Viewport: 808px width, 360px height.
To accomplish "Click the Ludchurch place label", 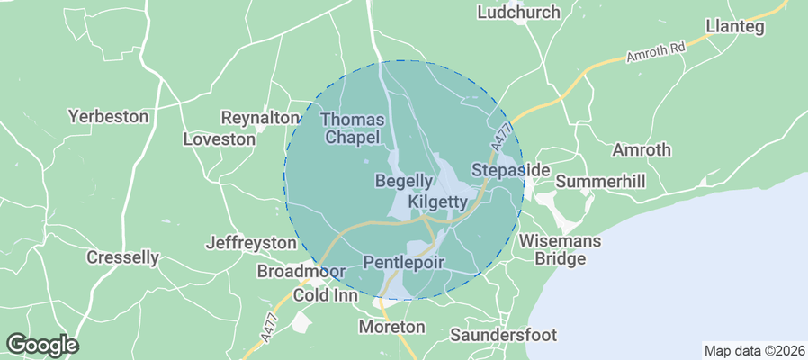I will click(x=518, y=13).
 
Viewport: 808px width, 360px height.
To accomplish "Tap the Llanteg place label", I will click(x=735, y=27).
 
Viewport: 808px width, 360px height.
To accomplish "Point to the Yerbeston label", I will click(x=107, y=117).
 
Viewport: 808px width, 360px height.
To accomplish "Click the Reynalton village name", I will click(x=260, y=118).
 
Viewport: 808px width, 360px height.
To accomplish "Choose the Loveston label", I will click(x=219, y=139).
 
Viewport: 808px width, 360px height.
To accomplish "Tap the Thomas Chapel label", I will click(x=354, y=129).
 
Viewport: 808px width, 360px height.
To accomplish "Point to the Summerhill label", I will click(x=600, y=182).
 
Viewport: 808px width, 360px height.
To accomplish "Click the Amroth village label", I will click(x=642, y=149).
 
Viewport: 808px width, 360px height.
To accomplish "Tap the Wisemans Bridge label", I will click(x=552, y=249).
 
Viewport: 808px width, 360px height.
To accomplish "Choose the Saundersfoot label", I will click(x=503, y=335).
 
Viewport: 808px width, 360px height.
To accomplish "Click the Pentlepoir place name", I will click(x=405, y=261).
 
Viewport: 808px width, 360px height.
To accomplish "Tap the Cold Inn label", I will click(x=325, y=295).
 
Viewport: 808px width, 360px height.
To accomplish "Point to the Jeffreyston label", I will click(x=251, y=243).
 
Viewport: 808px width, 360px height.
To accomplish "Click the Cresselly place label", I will click(x=122, y=257).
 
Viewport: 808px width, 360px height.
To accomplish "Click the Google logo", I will click(x=42, y=344).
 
